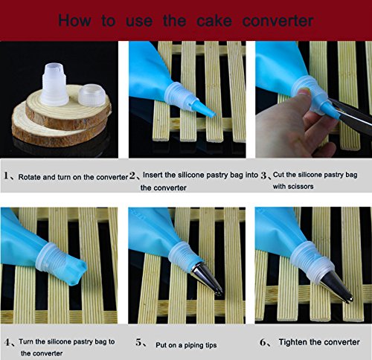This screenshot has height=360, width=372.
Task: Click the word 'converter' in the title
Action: coord(278,21)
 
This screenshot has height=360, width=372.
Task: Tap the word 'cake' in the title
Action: coord(214,20)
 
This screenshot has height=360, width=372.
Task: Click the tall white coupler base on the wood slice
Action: coord(54,84)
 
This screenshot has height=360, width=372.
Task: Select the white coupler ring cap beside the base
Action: coord(92,95)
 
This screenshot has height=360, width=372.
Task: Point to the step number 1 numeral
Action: coord(7,176)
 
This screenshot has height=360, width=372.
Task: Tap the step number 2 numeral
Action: coord(132,176)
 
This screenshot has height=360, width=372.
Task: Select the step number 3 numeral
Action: coord(263,176)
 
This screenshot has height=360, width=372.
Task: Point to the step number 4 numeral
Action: coord(7,342)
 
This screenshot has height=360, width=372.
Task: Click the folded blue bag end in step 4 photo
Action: coord(74,271)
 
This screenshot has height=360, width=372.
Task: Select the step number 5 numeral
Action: coord(139,342)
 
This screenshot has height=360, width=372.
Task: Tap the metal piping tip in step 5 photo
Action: coord(208,279)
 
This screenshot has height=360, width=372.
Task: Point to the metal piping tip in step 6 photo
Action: coord(336,287)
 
